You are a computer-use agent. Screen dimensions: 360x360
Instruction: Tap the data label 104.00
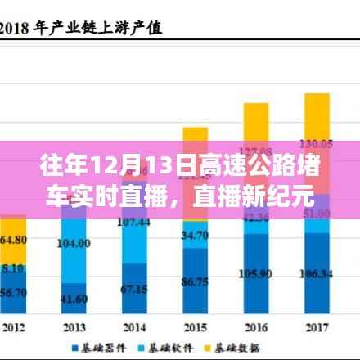pos(74,244)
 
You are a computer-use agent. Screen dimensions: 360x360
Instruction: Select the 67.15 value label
pos(133,289)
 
